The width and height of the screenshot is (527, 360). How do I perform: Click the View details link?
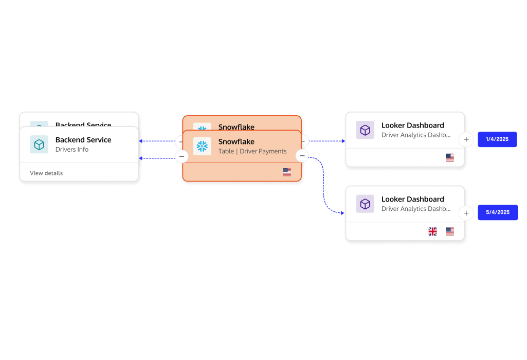click(46, 173)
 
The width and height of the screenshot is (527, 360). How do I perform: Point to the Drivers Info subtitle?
click(72, 150)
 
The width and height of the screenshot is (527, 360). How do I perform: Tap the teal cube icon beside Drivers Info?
click(39, 145)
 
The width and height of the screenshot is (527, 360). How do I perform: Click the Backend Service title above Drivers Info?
click(83, 140)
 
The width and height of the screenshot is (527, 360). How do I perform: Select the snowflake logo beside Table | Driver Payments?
click(202, 146)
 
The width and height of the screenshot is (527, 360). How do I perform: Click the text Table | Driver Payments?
click(252, 151)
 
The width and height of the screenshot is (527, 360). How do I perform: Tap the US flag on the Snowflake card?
click(287, 172)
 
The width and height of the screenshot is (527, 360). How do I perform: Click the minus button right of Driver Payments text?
click(302, 156)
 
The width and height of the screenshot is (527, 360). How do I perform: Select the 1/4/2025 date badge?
click(497, 139)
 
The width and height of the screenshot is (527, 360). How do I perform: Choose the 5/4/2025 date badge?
click(498, 212)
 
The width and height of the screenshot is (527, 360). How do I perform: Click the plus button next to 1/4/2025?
click(466, 139)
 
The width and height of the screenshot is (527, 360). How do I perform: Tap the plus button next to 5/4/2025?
click(466, 213)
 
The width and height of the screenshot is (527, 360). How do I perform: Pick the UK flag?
click(433, 231)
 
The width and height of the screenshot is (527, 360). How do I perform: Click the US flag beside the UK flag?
click(450, 231)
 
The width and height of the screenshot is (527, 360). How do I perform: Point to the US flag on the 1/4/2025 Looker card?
click(450, 157)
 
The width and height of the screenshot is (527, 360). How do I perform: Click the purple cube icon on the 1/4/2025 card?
click(365, 130)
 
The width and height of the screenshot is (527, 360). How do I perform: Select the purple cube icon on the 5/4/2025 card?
click(365, 204)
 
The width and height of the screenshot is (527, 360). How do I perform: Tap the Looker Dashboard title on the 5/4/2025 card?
click(412, 199)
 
